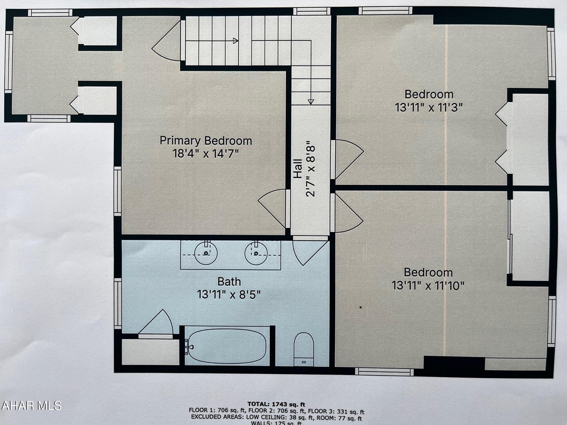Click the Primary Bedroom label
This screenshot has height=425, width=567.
[206, 141]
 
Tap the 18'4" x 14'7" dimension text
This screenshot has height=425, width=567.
[206, 154]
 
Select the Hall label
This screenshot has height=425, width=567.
[298, 169]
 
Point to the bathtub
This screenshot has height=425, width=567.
[227, 346]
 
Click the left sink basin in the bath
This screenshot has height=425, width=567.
[206, 253]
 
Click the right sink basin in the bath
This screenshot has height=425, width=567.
[256, 253]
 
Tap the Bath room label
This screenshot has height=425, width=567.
[229, 281]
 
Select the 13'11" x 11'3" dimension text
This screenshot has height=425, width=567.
[429, 107]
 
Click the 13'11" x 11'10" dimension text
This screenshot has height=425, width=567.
[428, 286]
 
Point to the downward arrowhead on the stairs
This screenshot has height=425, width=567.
[310, 102]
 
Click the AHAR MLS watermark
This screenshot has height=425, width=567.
[31, 406]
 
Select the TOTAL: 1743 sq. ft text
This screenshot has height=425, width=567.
[276, 404]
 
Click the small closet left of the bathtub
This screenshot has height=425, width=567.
[150, 352]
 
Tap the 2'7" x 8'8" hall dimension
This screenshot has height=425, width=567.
[311, 169]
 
